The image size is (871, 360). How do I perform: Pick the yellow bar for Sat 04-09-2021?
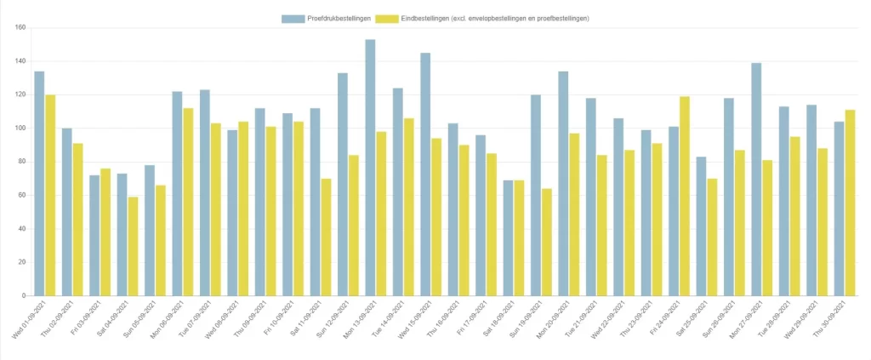(x=133, y=246)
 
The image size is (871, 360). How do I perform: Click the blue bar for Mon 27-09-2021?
(x=756, y=179)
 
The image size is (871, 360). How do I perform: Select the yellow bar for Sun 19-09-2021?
(x=547, y=242)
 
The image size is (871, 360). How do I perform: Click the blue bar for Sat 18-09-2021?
(x=508, y=237)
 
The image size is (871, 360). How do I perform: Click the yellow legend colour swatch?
(x=387, y=18)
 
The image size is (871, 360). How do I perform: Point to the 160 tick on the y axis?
(x=21, y=28)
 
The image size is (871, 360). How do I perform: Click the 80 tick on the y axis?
(x=23, y=162)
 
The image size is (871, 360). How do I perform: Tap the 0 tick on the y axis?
(x=26, y=296)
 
